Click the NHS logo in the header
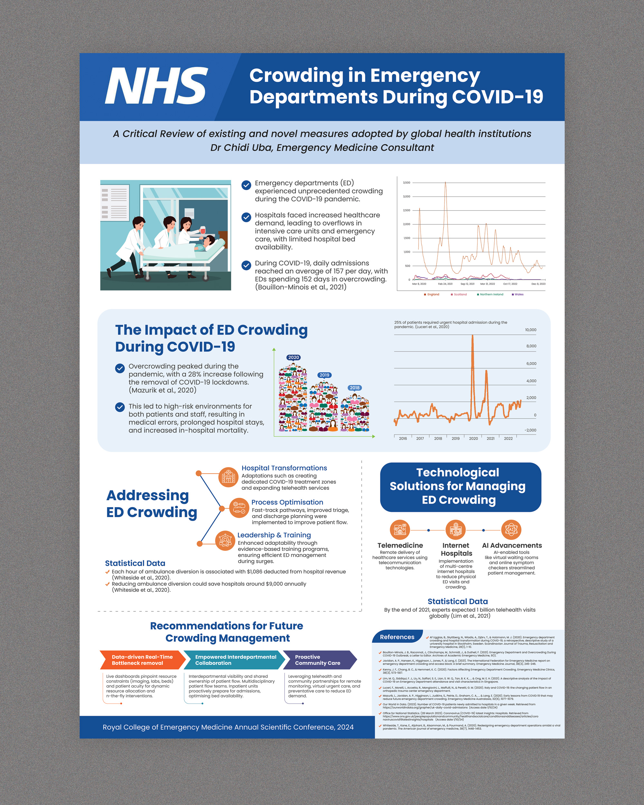click(156, 86)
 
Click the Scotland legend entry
click(459, 295)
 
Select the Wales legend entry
click(518, 295)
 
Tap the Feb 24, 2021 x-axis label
click(445, 284)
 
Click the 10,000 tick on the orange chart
click(530, 330)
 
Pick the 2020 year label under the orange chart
click(473, 439)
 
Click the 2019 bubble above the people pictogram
click(324, 375)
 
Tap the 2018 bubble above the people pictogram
click(354, 388)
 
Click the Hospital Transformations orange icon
click(228, 477)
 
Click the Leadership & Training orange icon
click(225, 540)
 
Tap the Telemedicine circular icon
click(400, 529)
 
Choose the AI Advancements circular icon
click(511, 529)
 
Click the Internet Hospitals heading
click(456, 549)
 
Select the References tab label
click(397, 637)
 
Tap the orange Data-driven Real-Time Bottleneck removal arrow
click(142, 660)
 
